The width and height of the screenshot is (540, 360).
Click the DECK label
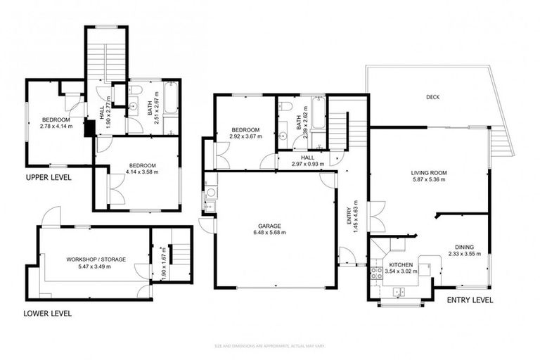(x=432, y=97)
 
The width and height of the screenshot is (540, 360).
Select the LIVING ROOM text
(x=429, y=172)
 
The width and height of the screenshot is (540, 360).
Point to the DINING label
(x=463, y=247)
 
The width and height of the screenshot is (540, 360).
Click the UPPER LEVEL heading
(x=49, y=177)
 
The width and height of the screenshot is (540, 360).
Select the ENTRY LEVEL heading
(x=470, y=300)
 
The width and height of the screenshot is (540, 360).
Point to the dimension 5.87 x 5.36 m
(x=429, y=179)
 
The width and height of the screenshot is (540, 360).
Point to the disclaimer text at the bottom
(x=270, y=346)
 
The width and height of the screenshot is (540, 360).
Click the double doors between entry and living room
(x=378, y=217)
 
